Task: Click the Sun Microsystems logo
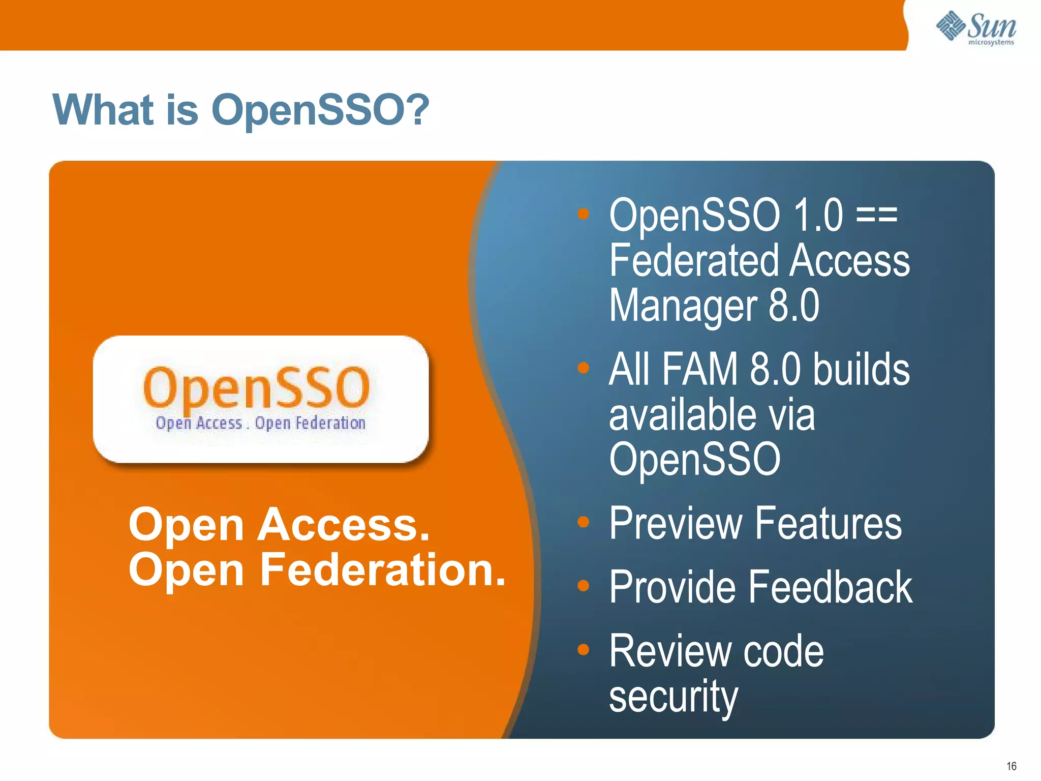click(976, 28)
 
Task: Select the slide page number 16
click(1011, 766)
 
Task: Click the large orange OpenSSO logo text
click(257, 387)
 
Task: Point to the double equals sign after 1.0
click(877, 216)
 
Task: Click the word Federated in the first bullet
click(694, 260)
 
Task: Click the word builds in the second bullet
click(861, 369)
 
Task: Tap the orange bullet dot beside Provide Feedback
click(583, 586)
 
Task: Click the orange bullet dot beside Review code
click(583, 649)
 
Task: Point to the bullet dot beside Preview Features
click(583, 522)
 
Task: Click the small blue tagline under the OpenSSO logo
click(260, 423)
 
